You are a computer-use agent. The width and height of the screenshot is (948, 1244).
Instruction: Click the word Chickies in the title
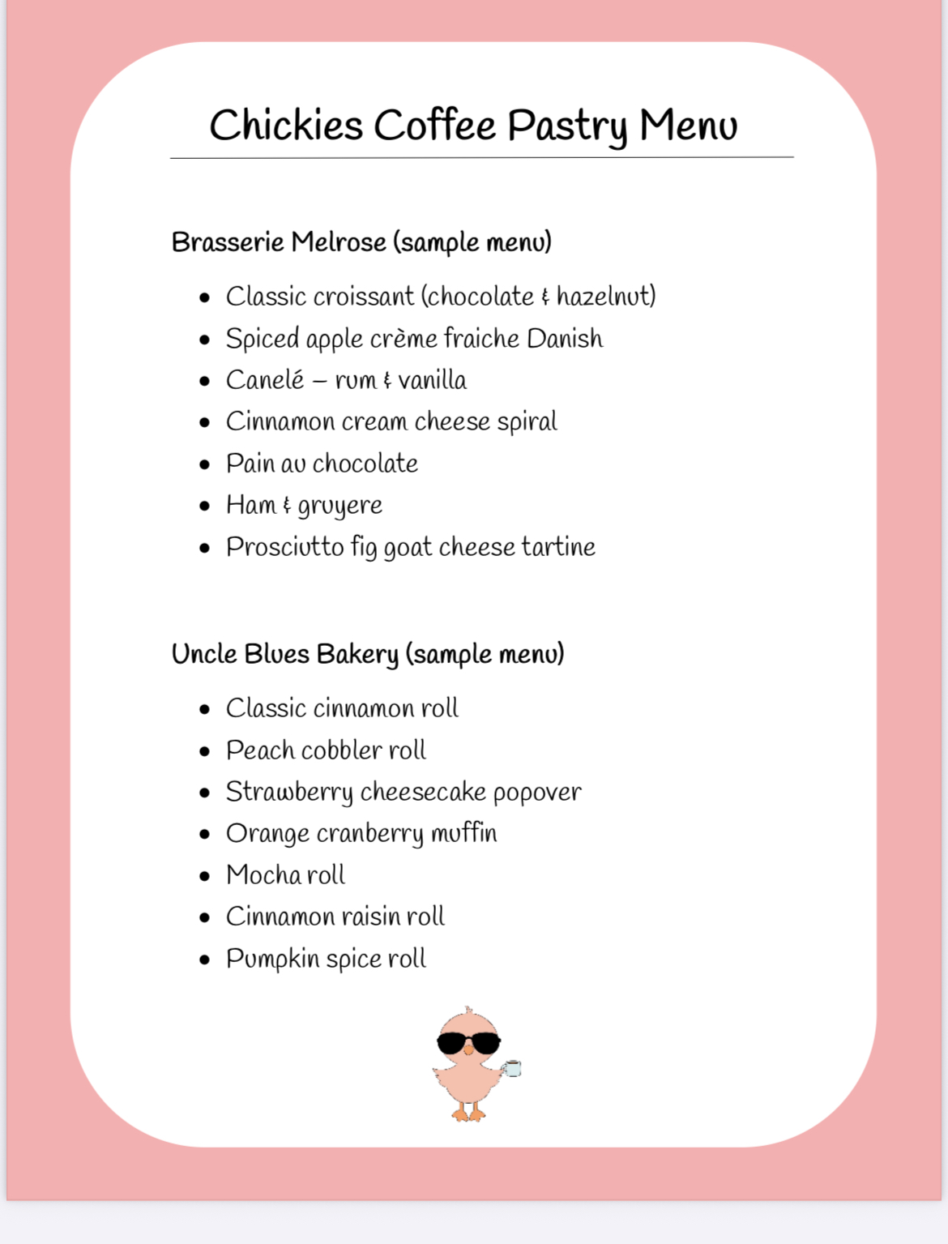[x=286, y=126]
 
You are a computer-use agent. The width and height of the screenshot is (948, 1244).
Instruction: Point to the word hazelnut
[x=605, y=297]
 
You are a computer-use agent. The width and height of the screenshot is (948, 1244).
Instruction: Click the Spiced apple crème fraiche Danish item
[x=414, y=339]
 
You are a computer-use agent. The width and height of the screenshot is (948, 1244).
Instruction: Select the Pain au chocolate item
[x=322, y=464]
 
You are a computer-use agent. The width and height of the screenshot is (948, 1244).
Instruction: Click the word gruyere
[x=339, y=507]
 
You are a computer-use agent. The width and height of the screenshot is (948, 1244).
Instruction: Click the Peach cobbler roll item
[x=326, y=750]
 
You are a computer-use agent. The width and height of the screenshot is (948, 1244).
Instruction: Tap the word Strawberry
[x=289, y=793]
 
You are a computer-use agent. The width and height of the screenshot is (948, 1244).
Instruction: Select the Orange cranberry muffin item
[x=361, y=834]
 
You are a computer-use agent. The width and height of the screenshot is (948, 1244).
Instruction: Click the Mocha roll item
[x=285, y=875]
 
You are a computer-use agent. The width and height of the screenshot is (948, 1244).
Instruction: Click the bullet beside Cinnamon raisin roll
[x=205, y=917]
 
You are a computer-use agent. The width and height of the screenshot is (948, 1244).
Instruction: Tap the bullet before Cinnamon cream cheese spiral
[x=205, y=422]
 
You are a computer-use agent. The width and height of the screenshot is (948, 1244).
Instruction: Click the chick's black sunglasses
[x=468, y=1043]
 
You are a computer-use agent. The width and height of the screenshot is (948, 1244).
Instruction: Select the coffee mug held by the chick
[x=512, y=1068]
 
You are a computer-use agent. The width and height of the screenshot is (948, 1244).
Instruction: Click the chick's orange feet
[x=469, y=1114]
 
